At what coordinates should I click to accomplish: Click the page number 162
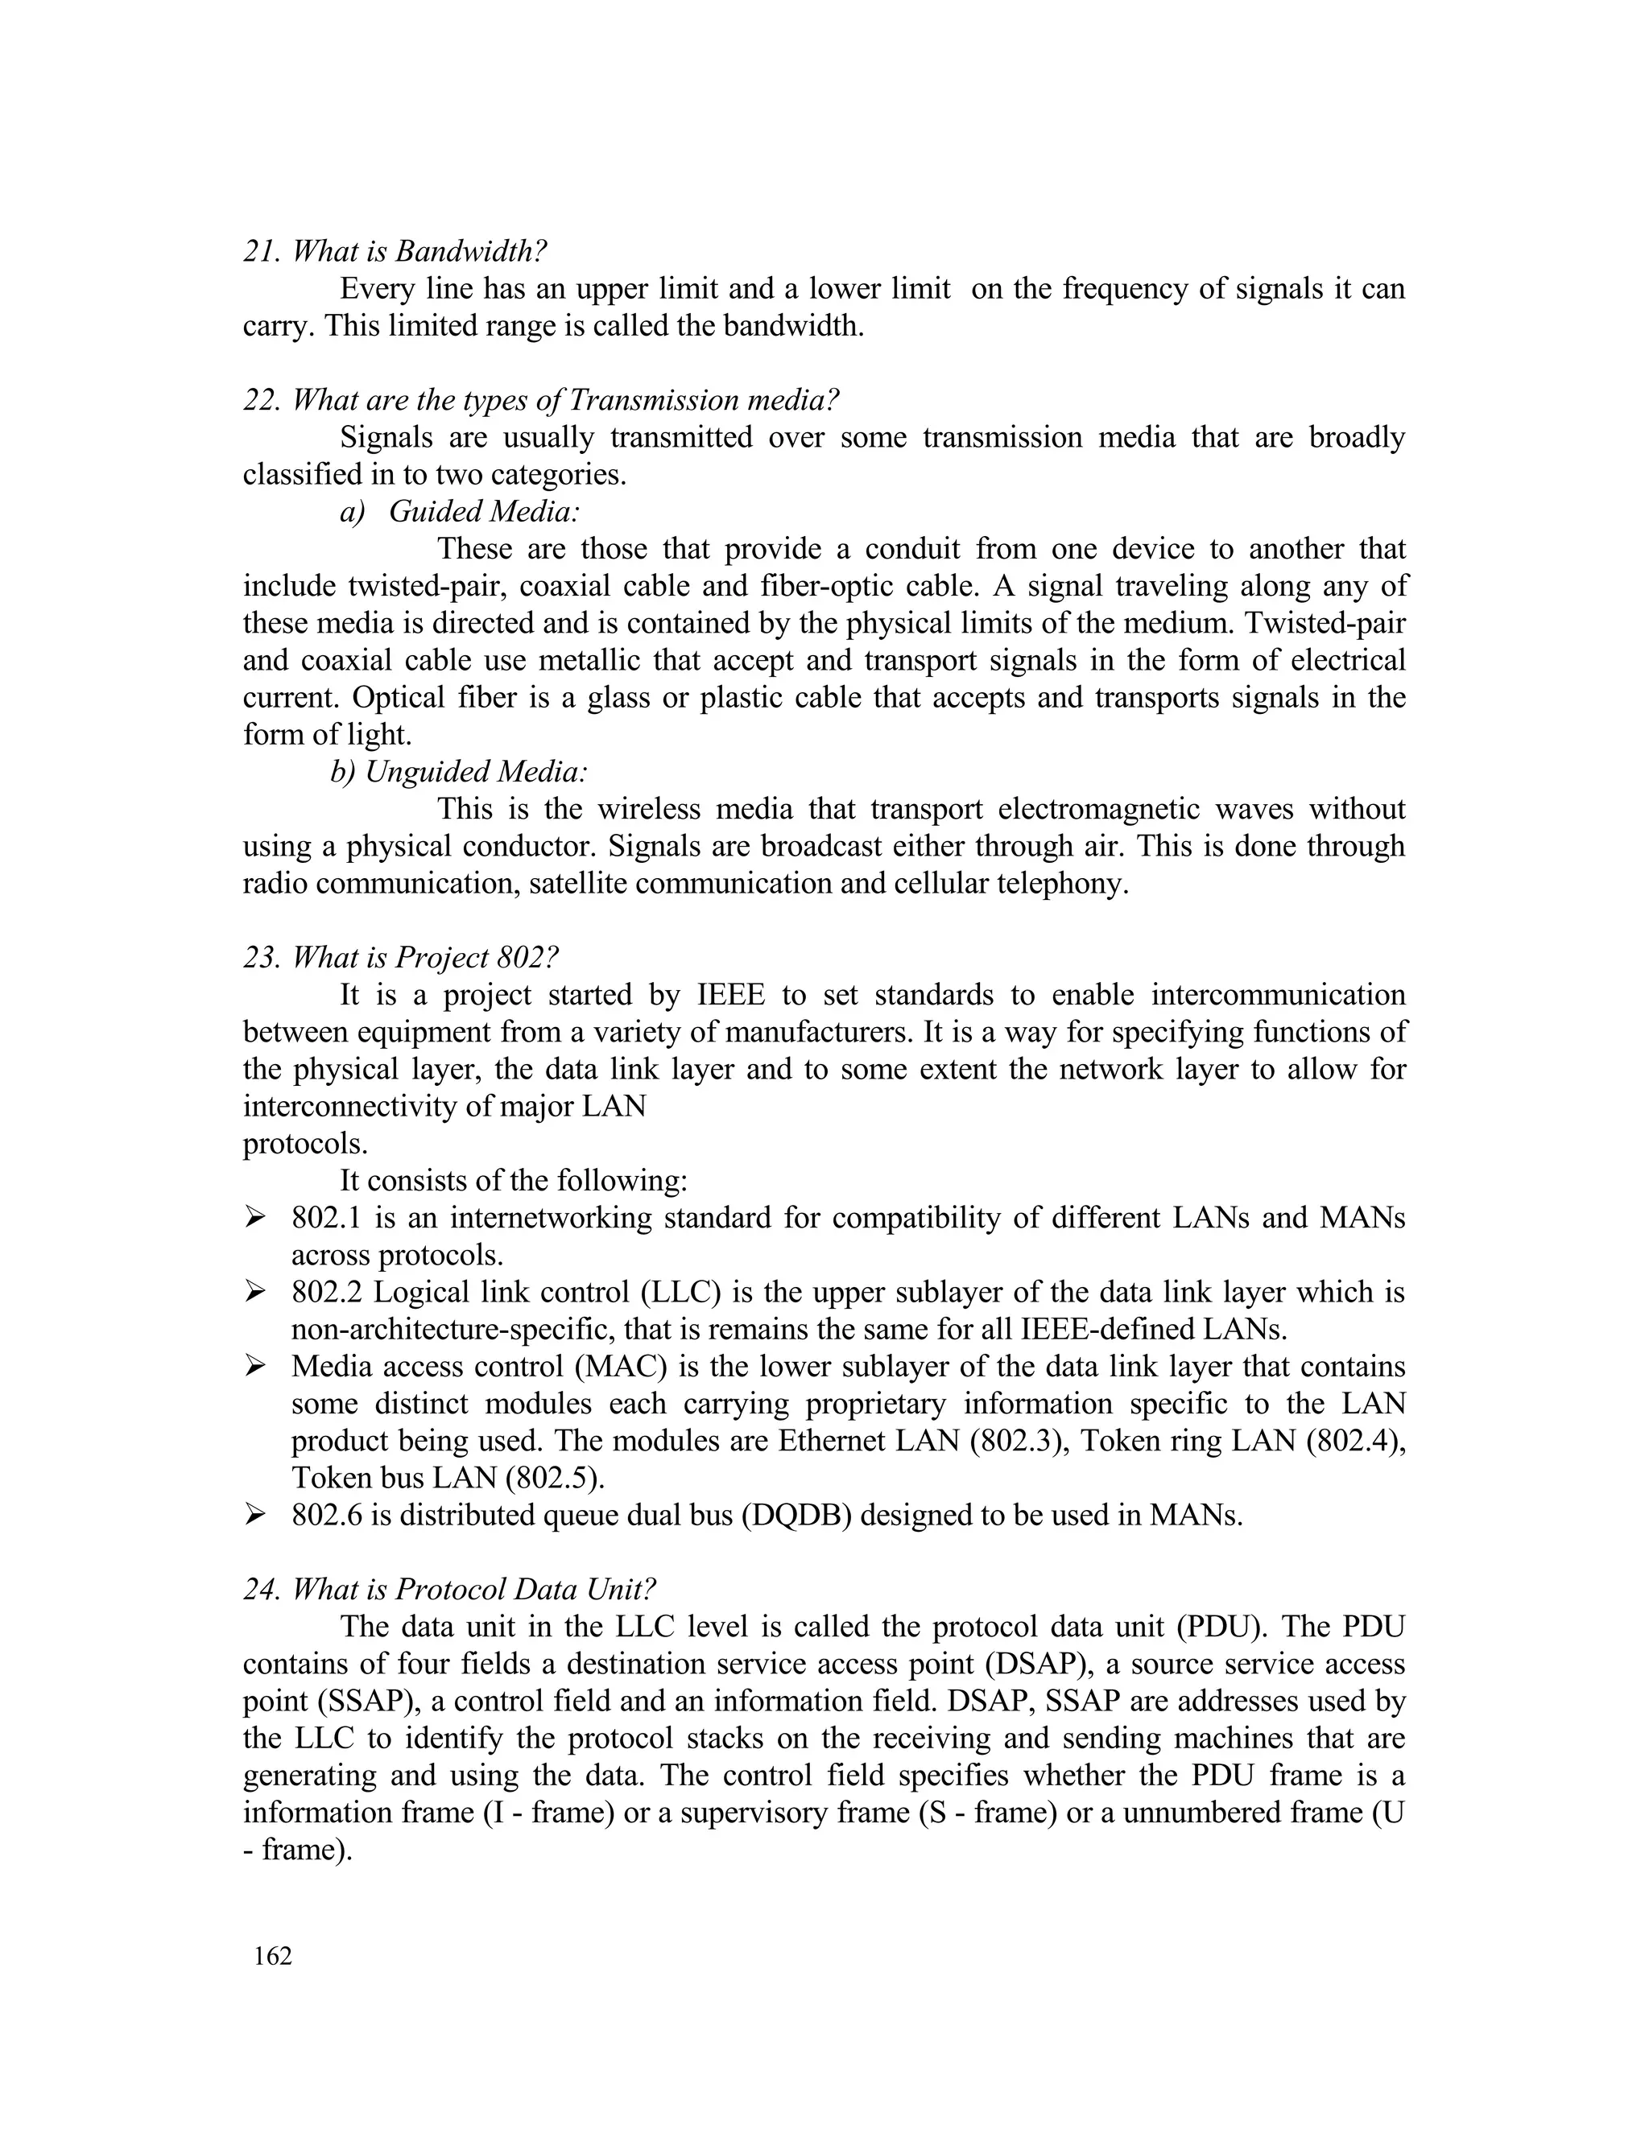point(273,1956)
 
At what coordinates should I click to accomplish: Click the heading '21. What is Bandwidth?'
point(395,251)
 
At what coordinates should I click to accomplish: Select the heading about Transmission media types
point(541,399)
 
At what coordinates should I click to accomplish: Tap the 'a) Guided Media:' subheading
point(459,511)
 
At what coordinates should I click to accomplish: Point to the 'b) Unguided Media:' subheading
point(459,772)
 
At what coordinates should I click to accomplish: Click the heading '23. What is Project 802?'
point(400,957)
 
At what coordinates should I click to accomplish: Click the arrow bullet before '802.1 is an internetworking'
point(255,1218)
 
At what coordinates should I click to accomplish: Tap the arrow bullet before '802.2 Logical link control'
point(255,1292)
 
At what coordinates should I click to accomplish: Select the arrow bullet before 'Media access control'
point(255,1367)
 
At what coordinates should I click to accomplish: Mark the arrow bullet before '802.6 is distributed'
point(255,1515)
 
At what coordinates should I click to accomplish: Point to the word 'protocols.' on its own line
point(305,1144)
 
